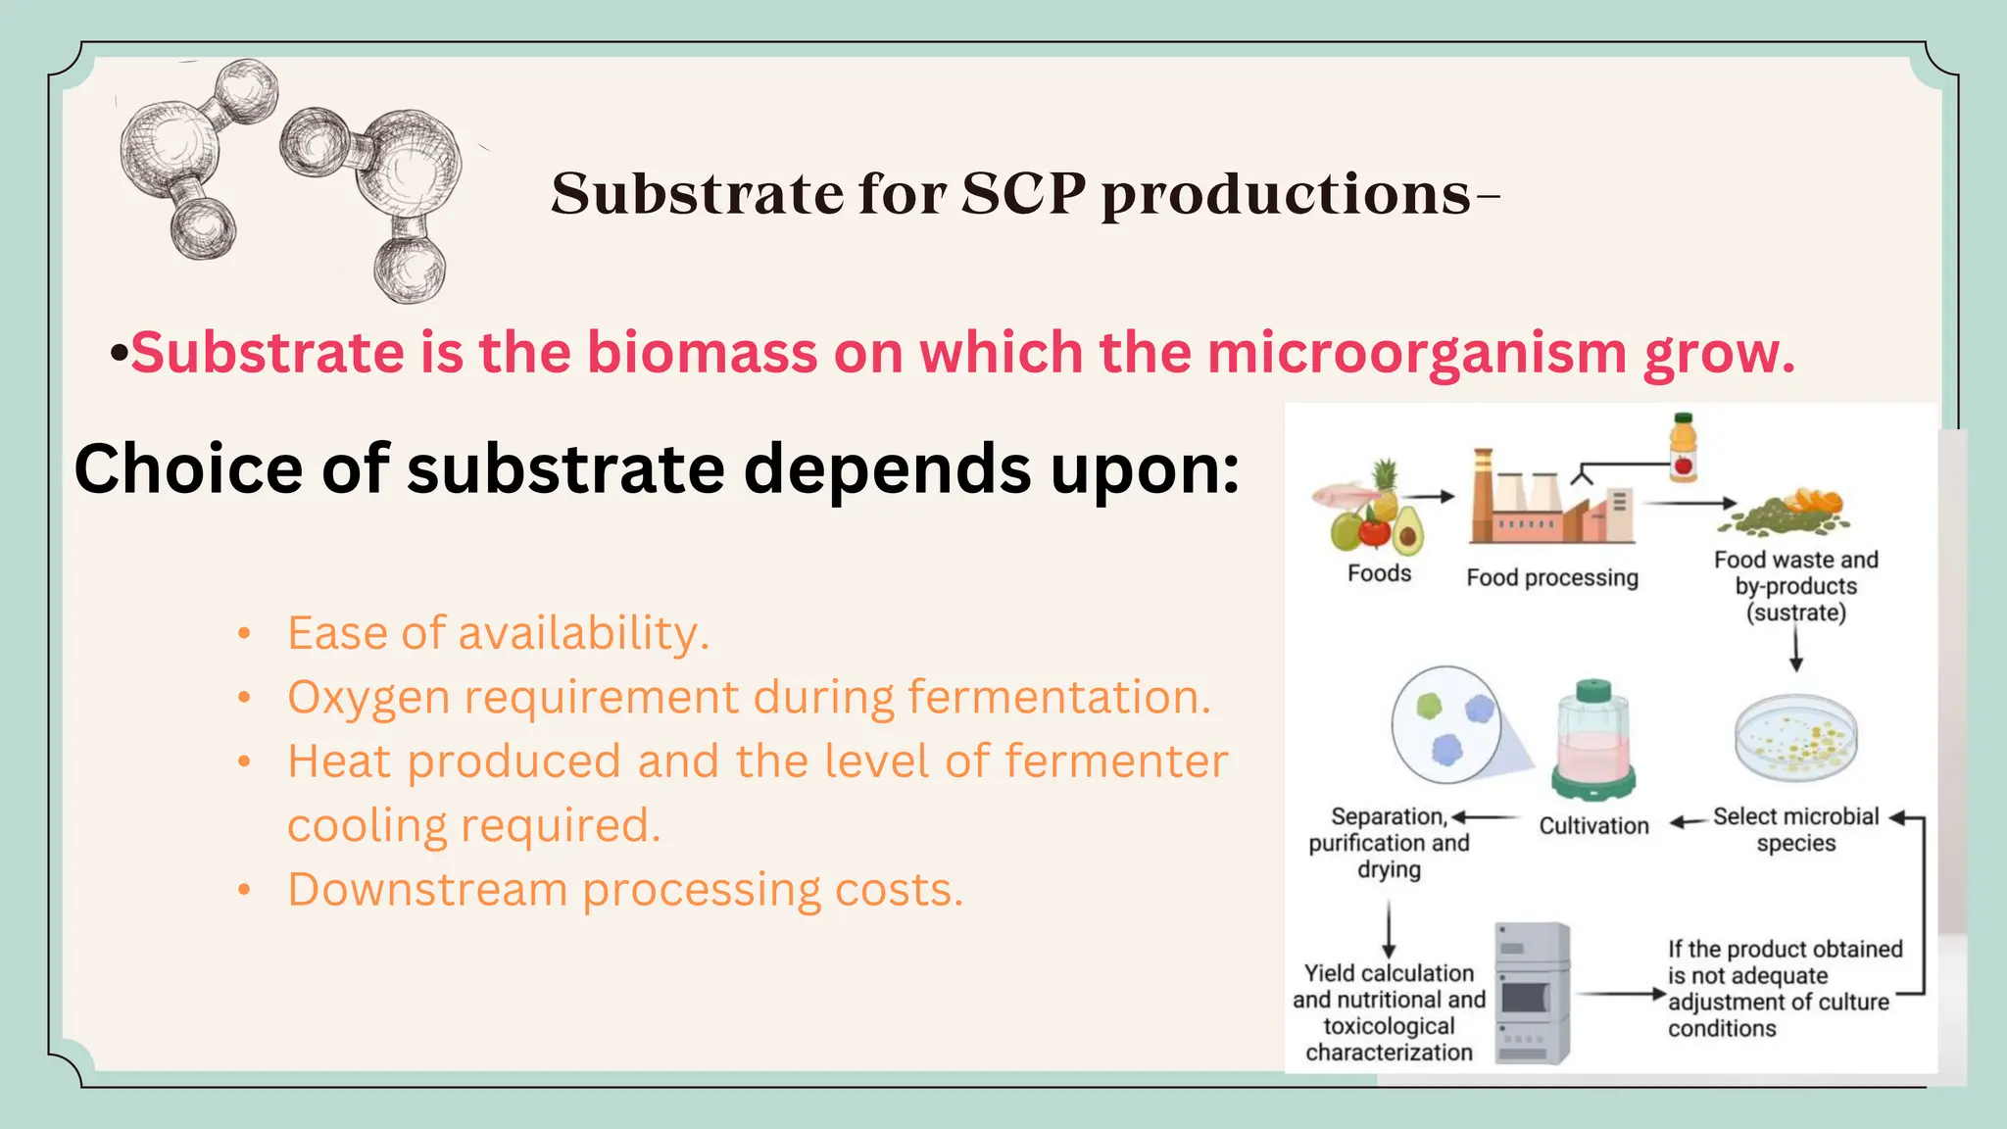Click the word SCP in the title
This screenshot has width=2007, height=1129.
(x=1023, y=193)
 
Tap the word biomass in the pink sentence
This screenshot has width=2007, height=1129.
(x=702, y=353)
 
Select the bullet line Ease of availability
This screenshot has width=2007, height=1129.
(x=498, y=633)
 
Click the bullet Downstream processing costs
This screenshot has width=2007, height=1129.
(x=625, y=890)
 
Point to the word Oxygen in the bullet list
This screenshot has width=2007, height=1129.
(x=367, y=698)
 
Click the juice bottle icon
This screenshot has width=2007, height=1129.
(x=1683, y=448)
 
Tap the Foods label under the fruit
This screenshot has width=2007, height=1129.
(x=1379, y=573)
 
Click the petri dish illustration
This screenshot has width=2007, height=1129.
(x=1795, y=737)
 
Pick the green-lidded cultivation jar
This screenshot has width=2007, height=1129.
(x=1593, y=741)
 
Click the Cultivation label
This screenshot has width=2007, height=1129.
(x=1593, y=826)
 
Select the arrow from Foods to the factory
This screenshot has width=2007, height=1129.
(x=1433, y=497)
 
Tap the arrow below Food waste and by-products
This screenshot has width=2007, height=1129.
(x=1795, y=649)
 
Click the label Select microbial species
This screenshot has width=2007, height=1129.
(x=1795, y=829)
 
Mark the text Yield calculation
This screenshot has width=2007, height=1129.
(x=1389, y=973)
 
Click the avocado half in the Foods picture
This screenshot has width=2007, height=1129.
(x=1408, y=530)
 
